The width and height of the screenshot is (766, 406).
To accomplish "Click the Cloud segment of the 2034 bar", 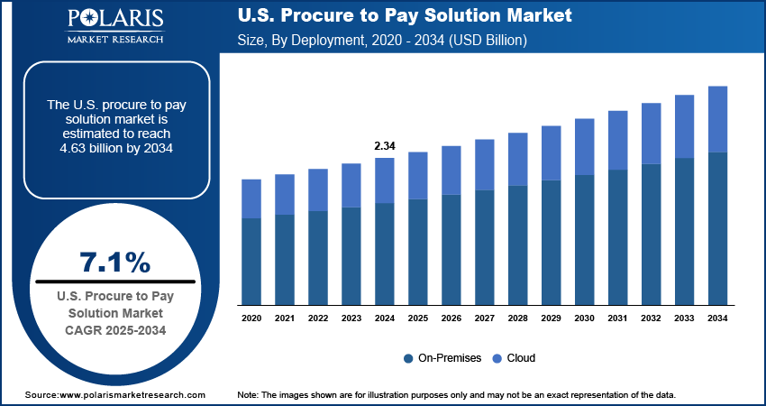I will coord(718,119).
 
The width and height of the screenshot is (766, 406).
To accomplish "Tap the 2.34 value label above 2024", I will coord(384,145).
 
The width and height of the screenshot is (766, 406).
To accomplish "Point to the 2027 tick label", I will coord(484,318).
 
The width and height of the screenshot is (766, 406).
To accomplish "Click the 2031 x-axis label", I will coord(617,318).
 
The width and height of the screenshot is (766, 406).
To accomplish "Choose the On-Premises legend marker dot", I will coord(409,358).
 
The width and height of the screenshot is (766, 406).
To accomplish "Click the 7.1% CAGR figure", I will coord(115,262).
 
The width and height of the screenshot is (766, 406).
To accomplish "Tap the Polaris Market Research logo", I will coord(114,27).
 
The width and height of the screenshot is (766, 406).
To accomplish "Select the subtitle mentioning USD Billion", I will coord(382,42).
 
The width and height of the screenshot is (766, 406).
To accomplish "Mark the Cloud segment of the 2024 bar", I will coord(384,180).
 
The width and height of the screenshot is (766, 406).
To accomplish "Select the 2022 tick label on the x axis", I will coord(318,318).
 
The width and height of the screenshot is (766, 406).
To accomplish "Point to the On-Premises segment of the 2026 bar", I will coord(451,249).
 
